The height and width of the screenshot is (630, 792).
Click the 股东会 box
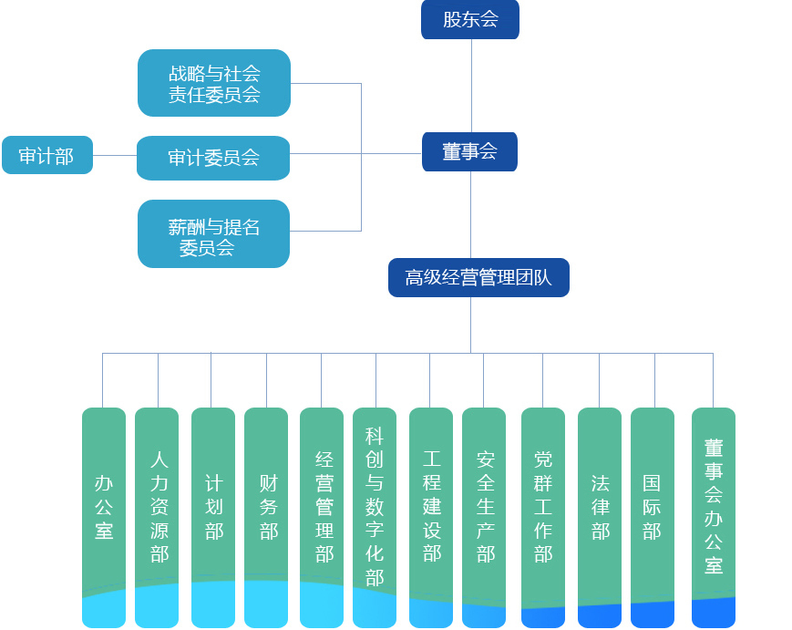click(x=470, y=19)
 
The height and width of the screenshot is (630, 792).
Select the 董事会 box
click(x=469, y=152)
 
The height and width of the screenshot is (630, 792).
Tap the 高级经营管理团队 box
click(x=478, y=278)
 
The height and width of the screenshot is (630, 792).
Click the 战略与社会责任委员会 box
click(x=214, y=83)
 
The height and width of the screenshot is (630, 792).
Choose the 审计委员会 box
click(x=213, y=158)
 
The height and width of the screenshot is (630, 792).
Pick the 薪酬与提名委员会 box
click(x=213, y=234)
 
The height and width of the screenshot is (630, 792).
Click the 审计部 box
click(x=46, y=155)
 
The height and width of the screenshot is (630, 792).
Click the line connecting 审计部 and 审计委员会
click(x=115, y=155)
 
